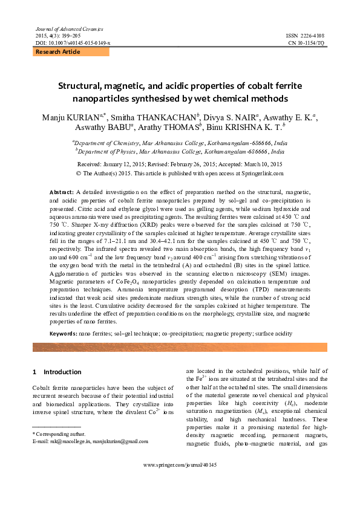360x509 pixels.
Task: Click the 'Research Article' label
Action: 58,52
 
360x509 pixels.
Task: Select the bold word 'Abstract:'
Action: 62,191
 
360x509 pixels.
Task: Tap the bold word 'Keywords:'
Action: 64,333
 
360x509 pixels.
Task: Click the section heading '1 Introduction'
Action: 59,372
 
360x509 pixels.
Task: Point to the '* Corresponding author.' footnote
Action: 59,433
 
